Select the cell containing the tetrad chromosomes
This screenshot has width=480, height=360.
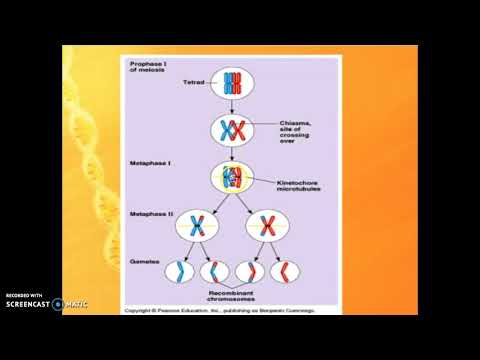[233, 83]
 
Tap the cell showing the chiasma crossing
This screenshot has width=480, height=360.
[233, 130]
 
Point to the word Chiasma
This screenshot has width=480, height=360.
[296, 123]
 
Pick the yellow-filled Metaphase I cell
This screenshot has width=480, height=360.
[232, 179]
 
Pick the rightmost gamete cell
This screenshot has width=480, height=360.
[286, 272]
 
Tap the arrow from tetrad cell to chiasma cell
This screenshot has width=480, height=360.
[233, 106]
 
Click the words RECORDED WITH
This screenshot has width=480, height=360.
[24, 295]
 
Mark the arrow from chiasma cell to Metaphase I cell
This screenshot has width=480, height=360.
[233, 152]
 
